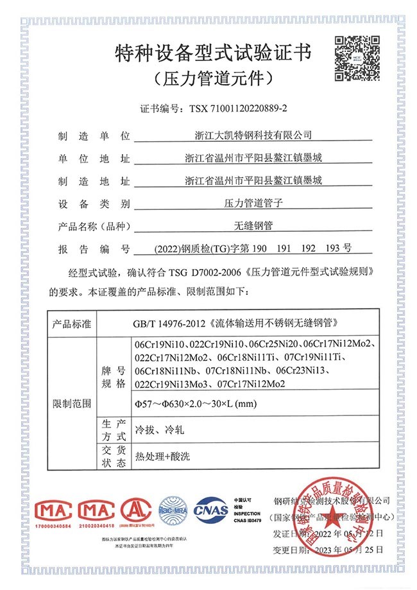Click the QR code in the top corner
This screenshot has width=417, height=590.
click(x=354, y=56)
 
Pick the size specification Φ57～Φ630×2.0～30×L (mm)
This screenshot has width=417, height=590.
click(x=194, y=404)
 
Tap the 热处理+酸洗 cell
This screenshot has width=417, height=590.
click(x=163, y=456)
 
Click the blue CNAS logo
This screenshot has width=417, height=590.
click(x=212, y=510)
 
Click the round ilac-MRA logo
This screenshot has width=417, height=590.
click(x=174, y=510)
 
